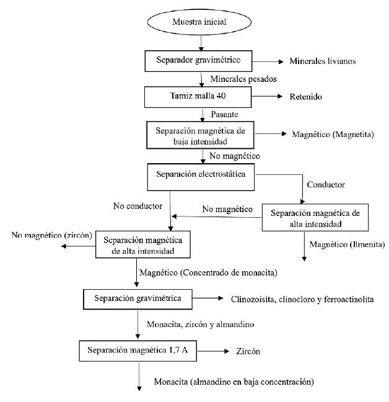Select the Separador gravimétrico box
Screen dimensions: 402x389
tap(200, 61)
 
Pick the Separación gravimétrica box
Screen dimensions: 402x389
tap(138, 298)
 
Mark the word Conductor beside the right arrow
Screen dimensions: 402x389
tap(326, 184)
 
